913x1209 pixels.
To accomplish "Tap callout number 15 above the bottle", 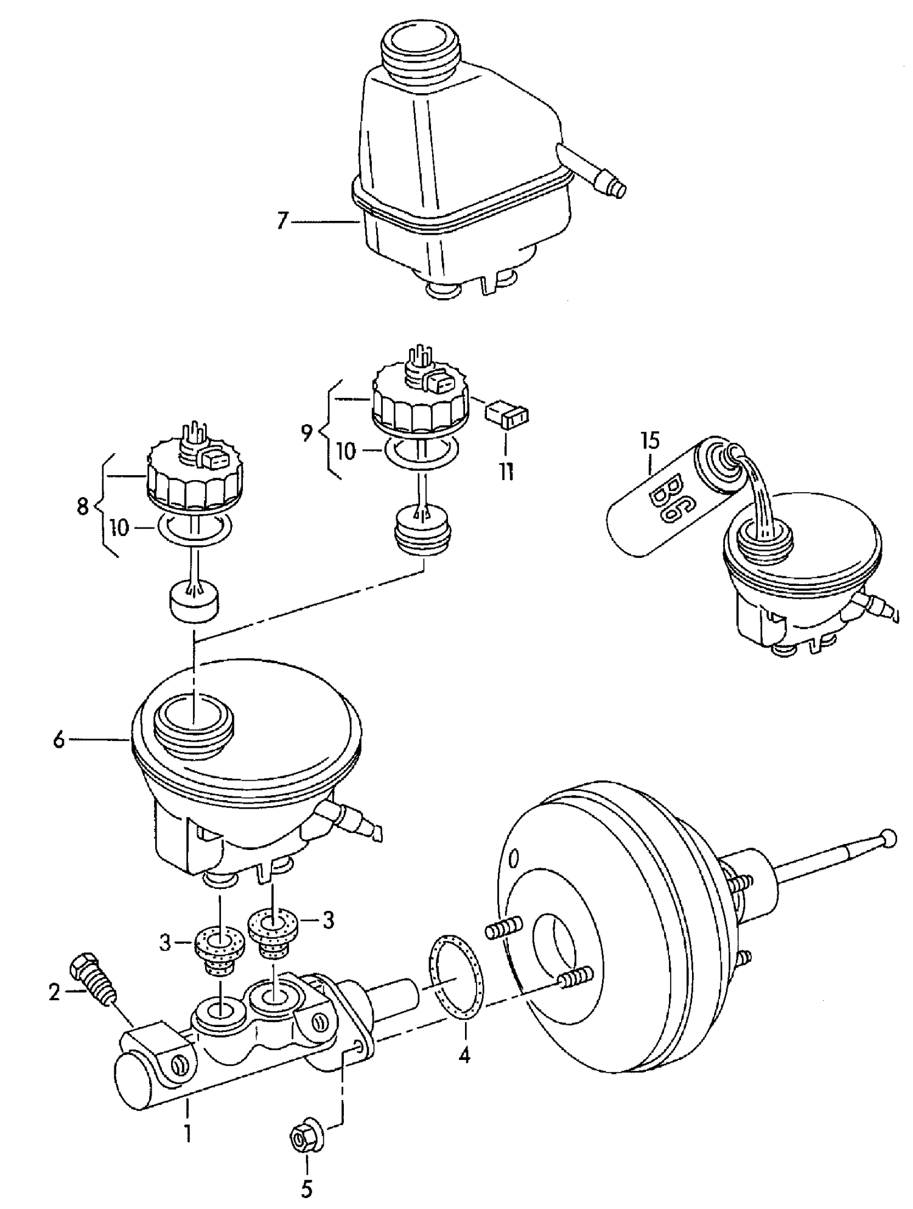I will click(x=650, y=441).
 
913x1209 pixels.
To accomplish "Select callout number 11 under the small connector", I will click(x=506, y=472).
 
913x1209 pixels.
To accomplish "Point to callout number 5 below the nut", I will click(x=307, y=1188).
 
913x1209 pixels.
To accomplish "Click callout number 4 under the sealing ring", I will click(x=464, y=1056).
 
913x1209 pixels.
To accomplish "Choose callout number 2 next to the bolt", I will click(x=55, y=994).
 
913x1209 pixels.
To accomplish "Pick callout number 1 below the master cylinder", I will click(x=188, y=1134).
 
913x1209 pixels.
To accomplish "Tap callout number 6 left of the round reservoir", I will click(x=58, y=740).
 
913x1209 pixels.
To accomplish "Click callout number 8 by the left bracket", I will click(x=83, y=506).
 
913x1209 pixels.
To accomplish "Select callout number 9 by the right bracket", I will click(x=307, y=433).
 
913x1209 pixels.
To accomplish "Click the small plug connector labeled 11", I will click(x=508, y=416).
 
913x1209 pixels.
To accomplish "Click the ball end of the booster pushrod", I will click(x=889, y=838).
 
